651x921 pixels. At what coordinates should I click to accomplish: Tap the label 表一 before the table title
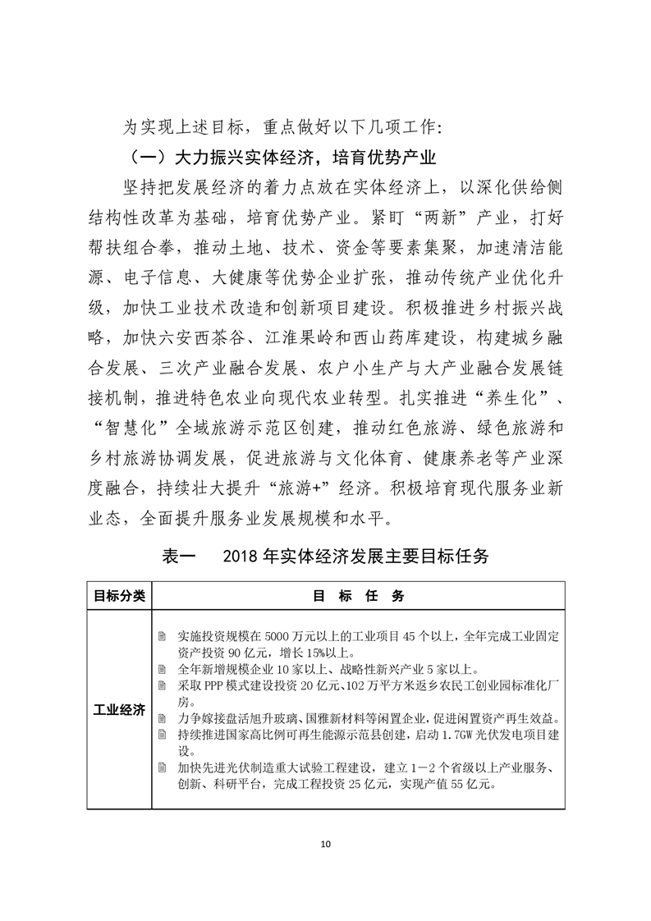click(x=178, y=557)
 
